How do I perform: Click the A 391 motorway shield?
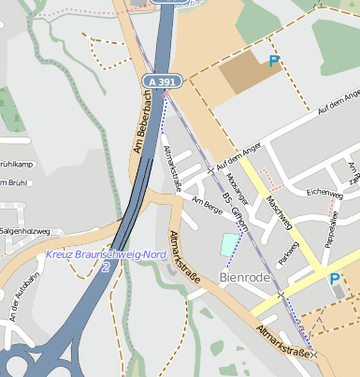161,82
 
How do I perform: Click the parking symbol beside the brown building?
274,62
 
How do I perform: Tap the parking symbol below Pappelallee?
334,279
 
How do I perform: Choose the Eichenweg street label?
324,194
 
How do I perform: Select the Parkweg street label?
288,253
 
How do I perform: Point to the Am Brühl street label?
14,183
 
